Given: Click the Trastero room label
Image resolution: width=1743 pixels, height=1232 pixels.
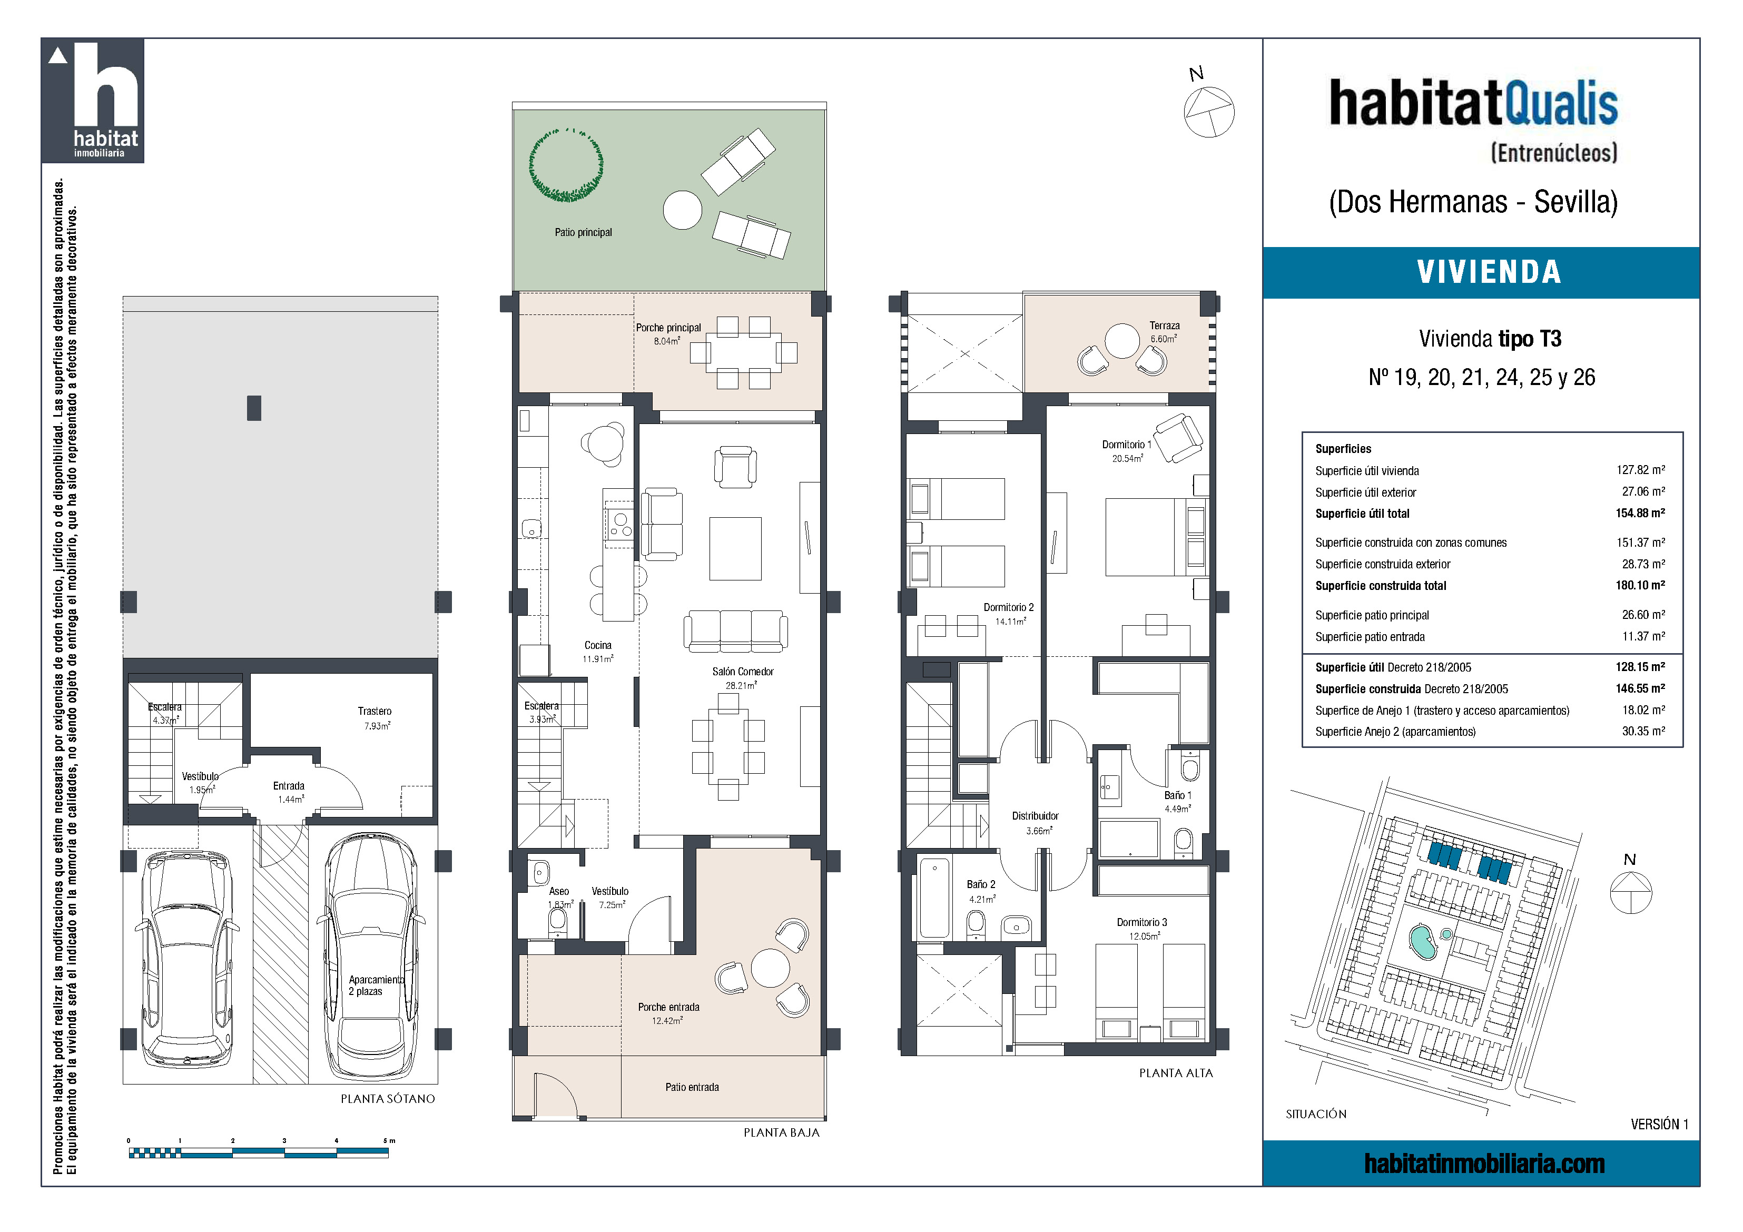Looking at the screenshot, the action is pos(375,711).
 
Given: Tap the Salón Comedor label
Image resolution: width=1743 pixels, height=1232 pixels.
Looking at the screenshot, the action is pos(742,672).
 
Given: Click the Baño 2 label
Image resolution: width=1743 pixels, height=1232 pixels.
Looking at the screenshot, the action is pos(981,884).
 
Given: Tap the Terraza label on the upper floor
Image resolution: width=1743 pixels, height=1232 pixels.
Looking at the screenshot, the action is pos(1165,326).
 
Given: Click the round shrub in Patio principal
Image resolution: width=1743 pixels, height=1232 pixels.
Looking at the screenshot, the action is pos(566,165).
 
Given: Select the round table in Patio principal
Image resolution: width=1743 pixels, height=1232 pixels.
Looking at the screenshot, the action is pos(683,210).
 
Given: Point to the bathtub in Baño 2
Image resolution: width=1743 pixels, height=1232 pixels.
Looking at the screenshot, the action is pos(934,898).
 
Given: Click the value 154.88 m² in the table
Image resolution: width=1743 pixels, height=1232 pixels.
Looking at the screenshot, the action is pos(1640,513).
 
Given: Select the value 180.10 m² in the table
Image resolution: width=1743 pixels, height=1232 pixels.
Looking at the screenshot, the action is pos(1640,585).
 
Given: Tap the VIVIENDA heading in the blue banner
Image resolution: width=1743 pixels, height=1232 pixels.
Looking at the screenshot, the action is pos(1489,272).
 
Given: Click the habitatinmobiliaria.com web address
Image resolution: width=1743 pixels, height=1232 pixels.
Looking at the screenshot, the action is pos(1484,1164).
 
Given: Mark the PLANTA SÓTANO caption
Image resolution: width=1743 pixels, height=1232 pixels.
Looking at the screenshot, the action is pos(388,1098).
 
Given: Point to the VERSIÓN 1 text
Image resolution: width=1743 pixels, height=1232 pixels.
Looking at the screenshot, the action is pos(1659,1124).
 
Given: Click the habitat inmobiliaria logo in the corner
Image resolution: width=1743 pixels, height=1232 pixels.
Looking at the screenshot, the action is pos(93,100).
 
